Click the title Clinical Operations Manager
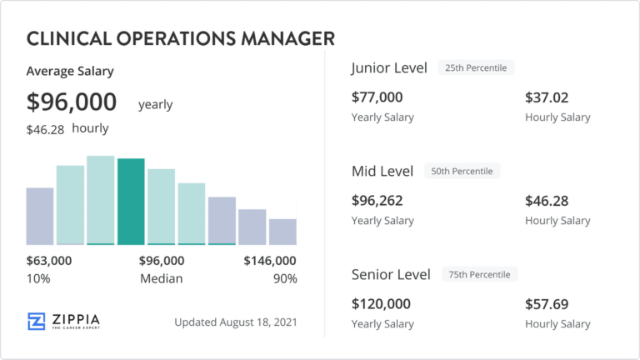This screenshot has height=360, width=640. (x=181, y=38)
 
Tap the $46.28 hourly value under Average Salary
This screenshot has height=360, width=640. (x=45, y=129)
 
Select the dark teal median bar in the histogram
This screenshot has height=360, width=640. (x=131, y=201)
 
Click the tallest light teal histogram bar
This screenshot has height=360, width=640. (x=101, y=200)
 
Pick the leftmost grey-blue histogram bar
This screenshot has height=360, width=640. (x=40, y=216)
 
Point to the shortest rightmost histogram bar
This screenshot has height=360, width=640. (x=282, y=232)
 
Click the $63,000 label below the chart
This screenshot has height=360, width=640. (x=49, y=261)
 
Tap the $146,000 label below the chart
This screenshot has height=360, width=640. (x=269, y=261)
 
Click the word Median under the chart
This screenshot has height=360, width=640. (x=161, y=278)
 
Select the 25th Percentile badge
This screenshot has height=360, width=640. (x=477, y=67)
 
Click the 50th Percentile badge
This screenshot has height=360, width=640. (x=462, y=171)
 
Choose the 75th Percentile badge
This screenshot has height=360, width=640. (x=480, y=274)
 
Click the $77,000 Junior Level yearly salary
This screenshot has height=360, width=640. (x=377, y=97)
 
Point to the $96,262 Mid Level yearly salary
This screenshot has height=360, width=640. (x=377, y=201)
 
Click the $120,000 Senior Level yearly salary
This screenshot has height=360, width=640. (x=381, y=304)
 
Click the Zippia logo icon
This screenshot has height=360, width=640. (x=37, y=322)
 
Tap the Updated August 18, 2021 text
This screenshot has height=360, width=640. (x=235, y=322)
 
